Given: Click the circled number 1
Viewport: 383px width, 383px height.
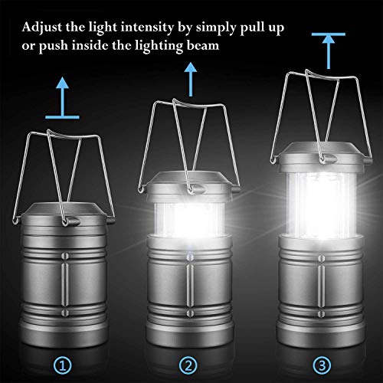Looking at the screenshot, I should pyautogui.click(x=67, y=363).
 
